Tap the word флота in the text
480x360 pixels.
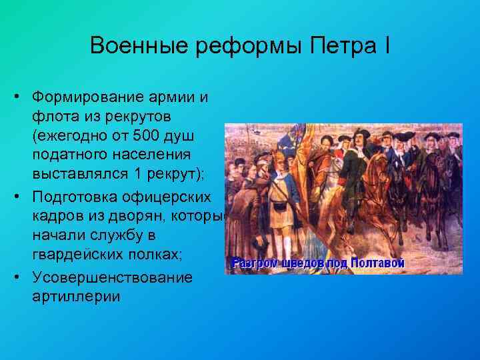click(51, 116)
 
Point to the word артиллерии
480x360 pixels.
click(75, 295)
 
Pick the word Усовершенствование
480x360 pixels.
click(111, 276)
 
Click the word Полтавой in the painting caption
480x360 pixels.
click(378, 263)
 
